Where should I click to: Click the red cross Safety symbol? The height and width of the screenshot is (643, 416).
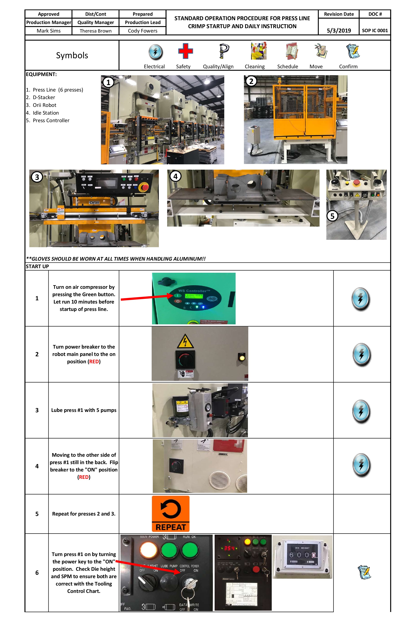(x=185, y=51)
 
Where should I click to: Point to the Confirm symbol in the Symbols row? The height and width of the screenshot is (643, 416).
(x=353, y=51)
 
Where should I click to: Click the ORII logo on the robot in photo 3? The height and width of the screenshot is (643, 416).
(x=94, y=203)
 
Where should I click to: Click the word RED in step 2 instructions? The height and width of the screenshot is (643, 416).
(x=94, y=361)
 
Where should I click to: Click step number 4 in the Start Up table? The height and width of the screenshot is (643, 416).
(x=37, y=466)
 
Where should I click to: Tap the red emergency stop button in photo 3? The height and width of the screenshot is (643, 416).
(x=145, y=187)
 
